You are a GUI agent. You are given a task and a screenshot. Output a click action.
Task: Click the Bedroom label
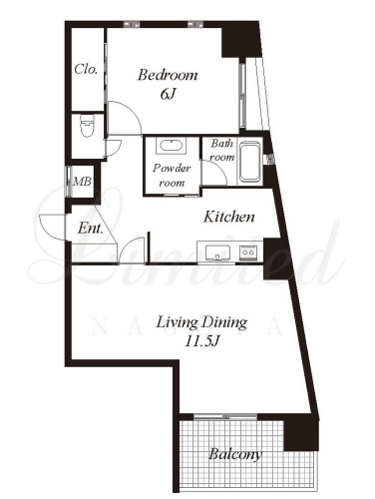[x=168, y=75]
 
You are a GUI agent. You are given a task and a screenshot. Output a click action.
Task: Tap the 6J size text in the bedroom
[x=168, y=95]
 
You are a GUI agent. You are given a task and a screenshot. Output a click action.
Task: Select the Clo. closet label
[x=86, y=69]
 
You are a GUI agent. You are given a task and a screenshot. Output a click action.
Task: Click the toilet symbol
[x=88, y=126]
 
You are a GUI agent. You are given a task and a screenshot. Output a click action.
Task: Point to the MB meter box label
[x=82, y=182]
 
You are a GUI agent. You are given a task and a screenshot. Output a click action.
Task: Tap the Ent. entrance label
[x=90, y=229]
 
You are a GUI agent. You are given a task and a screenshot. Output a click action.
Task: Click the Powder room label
[x=172, y=176]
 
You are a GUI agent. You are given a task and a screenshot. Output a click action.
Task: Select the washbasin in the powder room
[x=171, y=146]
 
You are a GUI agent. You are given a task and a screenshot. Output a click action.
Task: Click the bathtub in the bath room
[x=250, y=162]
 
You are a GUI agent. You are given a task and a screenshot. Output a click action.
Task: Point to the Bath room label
[x=222, y=150]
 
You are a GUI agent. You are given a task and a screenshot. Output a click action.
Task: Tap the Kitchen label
[x=229, y=217]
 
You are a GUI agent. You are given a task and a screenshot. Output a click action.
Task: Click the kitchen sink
[x=217, y=253]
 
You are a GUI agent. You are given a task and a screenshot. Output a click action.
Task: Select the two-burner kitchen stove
[x=248, y=252]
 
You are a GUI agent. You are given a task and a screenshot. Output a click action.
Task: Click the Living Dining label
[x=201, y=323]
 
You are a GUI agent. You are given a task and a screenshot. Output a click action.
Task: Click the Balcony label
[x=235, y=454]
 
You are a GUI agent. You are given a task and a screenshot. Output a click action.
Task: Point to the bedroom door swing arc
[x=132, y=110]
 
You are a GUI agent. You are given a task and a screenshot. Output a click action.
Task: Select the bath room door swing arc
[x=219, y=169]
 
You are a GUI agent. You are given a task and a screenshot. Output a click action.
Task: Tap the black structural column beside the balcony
[x=301, y=433]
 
